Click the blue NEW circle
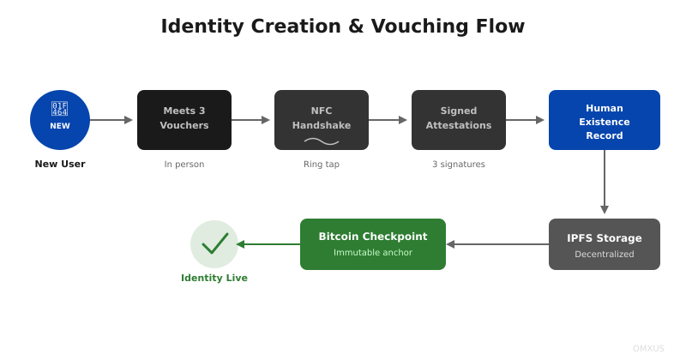point(60,120)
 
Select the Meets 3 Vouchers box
point(184,120)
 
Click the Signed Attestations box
point(459,120)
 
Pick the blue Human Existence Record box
point(605,120)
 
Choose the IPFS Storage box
point(605,244)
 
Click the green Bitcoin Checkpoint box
point(373,244)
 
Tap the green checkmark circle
point(214,244)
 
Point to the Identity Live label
point(214,278)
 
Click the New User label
point(60,164)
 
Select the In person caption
point(184,165)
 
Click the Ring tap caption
point(322,165)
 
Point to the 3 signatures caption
point(459,165)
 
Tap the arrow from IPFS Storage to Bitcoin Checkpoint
point(497,244)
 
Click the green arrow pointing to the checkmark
point(268,244)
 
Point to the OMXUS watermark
point(648,349)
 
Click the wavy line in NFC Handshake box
point(322,141)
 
